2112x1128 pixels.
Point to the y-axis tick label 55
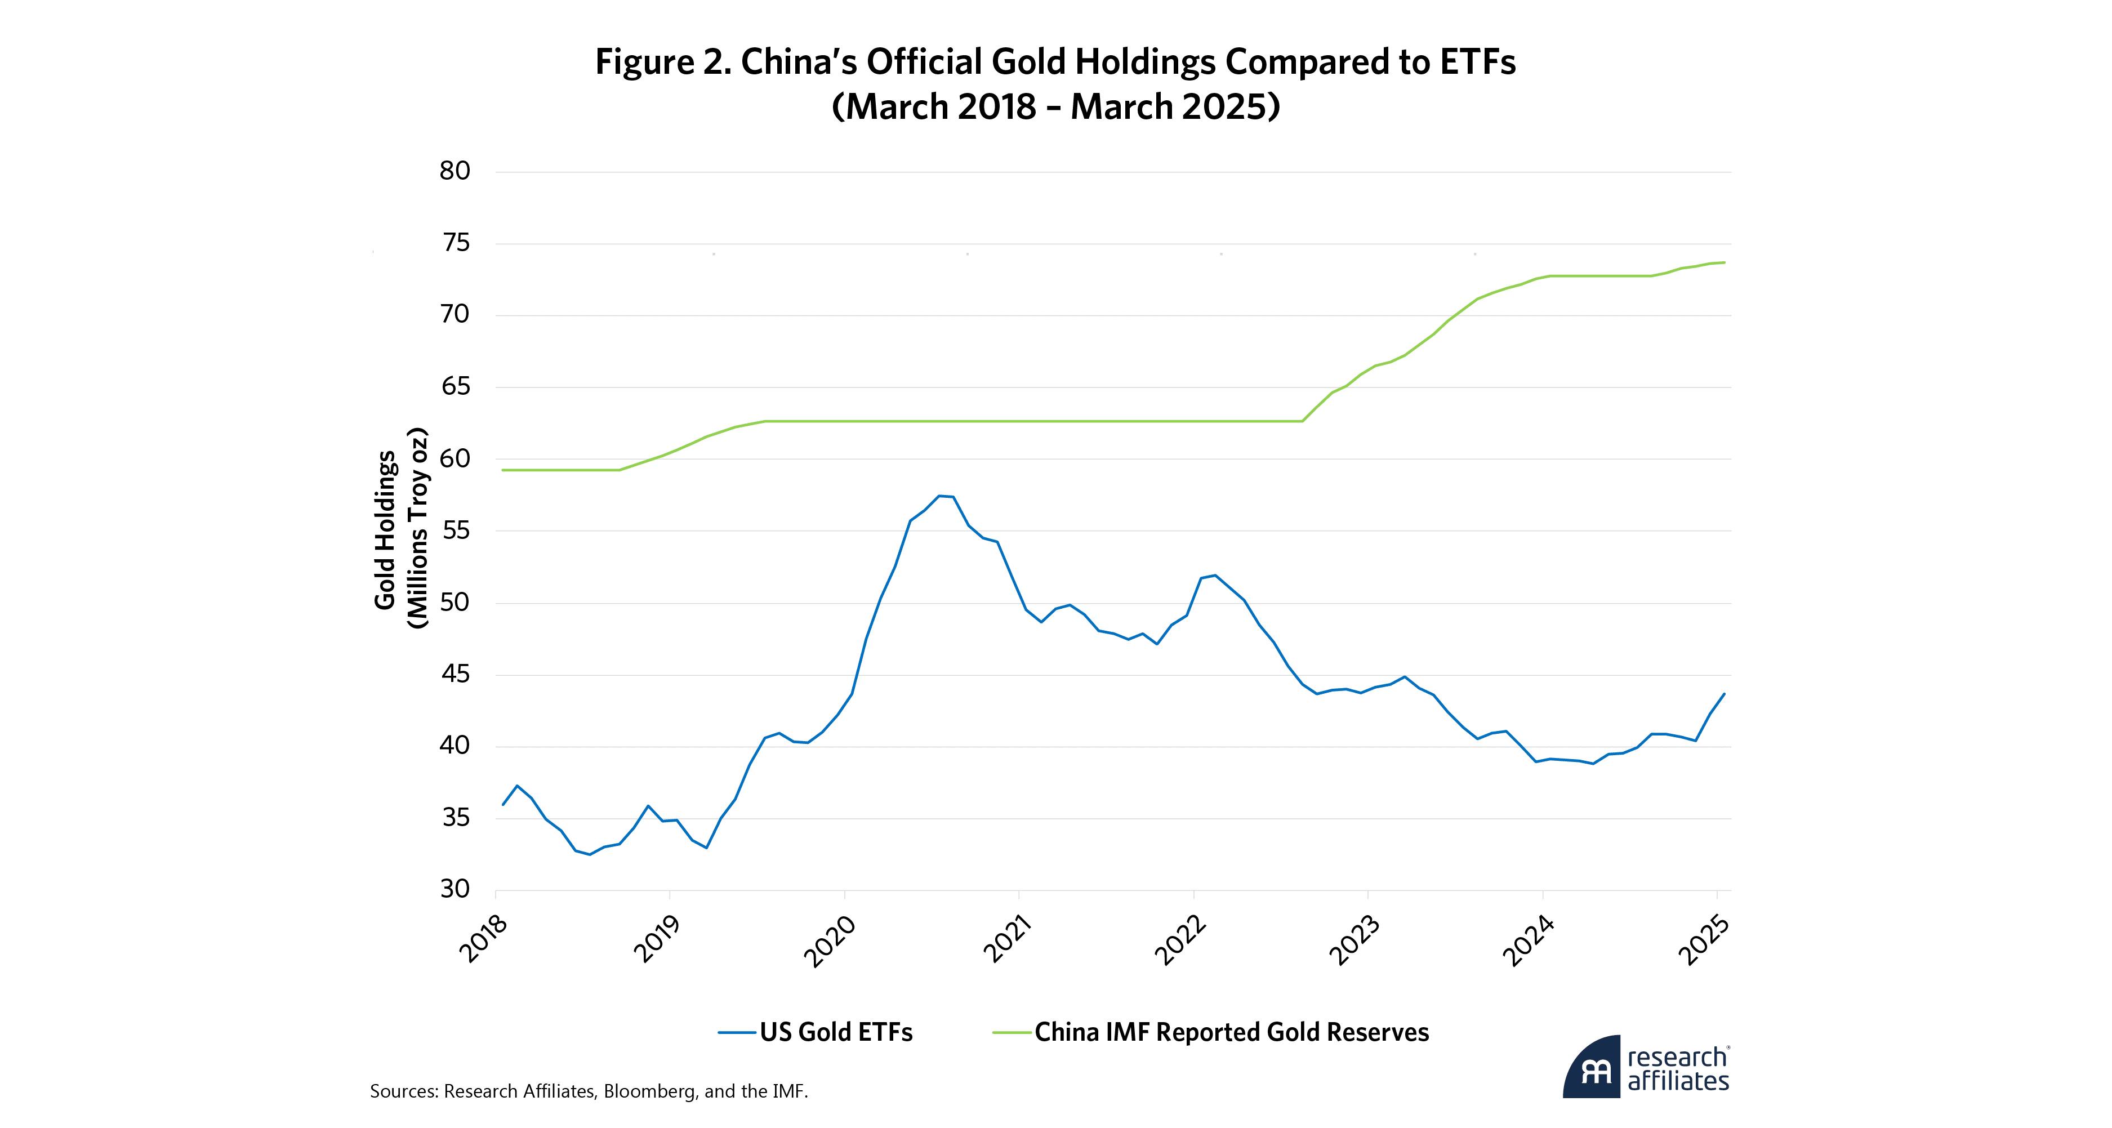(455, 530)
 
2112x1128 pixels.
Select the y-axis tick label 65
(455, 386)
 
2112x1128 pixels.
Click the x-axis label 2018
(484, 939)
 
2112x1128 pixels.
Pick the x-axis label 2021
(1007, 939)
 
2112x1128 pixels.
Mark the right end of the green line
(1724, 262)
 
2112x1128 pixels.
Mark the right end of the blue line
(1724, 694)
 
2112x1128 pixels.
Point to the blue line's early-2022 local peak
(1215, 576)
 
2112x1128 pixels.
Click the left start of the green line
(502, 470)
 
